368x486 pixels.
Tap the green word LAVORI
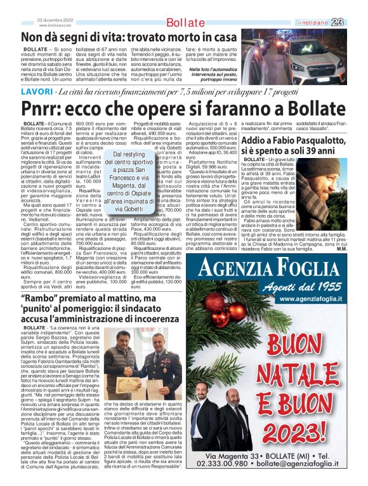pos(36,92)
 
